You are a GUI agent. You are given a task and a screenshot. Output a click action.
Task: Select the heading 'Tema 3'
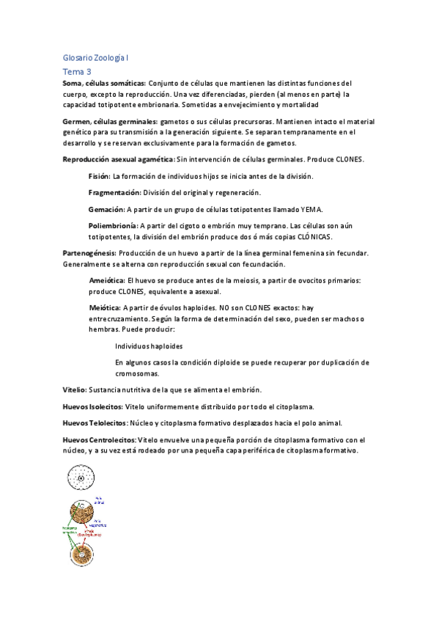pyautogui.click(x=77, y=71)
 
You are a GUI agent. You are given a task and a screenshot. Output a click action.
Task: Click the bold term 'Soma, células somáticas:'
pyautogui.click(x=104, y=84)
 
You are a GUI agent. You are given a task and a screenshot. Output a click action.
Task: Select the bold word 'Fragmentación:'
pyautogui.click(x=114, y=192)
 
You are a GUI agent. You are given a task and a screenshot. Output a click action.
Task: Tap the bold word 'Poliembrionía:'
pyautogui.click(x=112, y=225)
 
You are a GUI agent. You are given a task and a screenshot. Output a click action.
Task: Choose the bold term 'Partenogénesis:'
pyautogui.click(x=89, y=253)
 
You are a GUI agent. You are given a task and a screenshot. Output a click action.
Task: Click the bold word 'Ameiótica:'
pyautogui.click(x=106, y=280)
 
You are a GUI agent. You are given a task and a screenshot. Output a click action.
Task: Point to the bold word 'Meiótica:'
pyautogui.click(x=104, y=308)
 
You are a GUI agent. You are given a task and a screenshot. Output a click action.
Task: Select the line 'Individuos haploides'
pyautogui.click(x=149, y=346)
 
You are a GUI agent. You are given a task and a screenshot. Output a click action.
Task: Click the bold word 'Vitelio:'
pyautogui.click(x=75, y=389)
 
